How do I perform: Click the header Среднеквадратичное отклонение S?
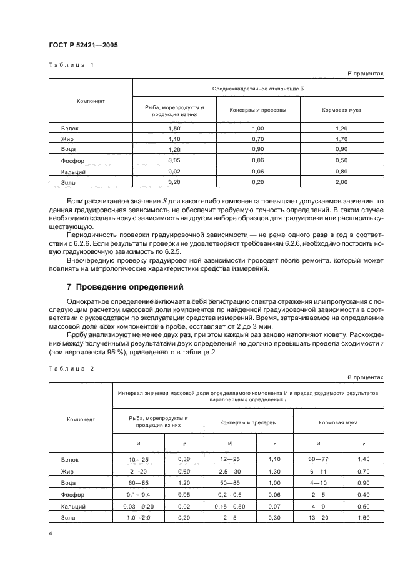pos(257,88)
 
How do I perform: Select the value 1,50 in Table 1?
pos(174,129)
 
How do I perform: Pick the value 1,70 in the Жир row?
pos(341,139)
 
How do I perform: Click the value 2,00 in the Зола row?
pos(341,182)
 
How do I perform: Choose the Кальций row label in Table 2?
pos(72,506)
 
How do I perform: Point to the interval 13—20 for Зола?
pos(319,517)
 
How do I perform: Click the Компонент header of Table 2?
pos(81,419)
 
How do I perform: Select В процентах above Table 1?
pos(365,74)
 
